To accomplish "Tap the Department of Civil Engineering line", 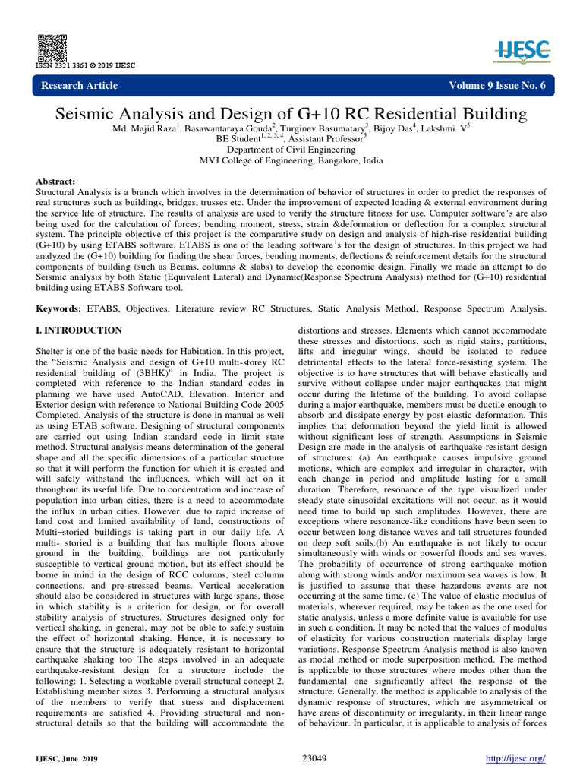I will click(x=291, y=150).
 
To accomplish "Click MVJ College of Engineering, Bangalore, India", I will click(x=291, y=161).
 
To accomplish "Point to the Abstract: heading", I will click(x=56, y=182).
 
